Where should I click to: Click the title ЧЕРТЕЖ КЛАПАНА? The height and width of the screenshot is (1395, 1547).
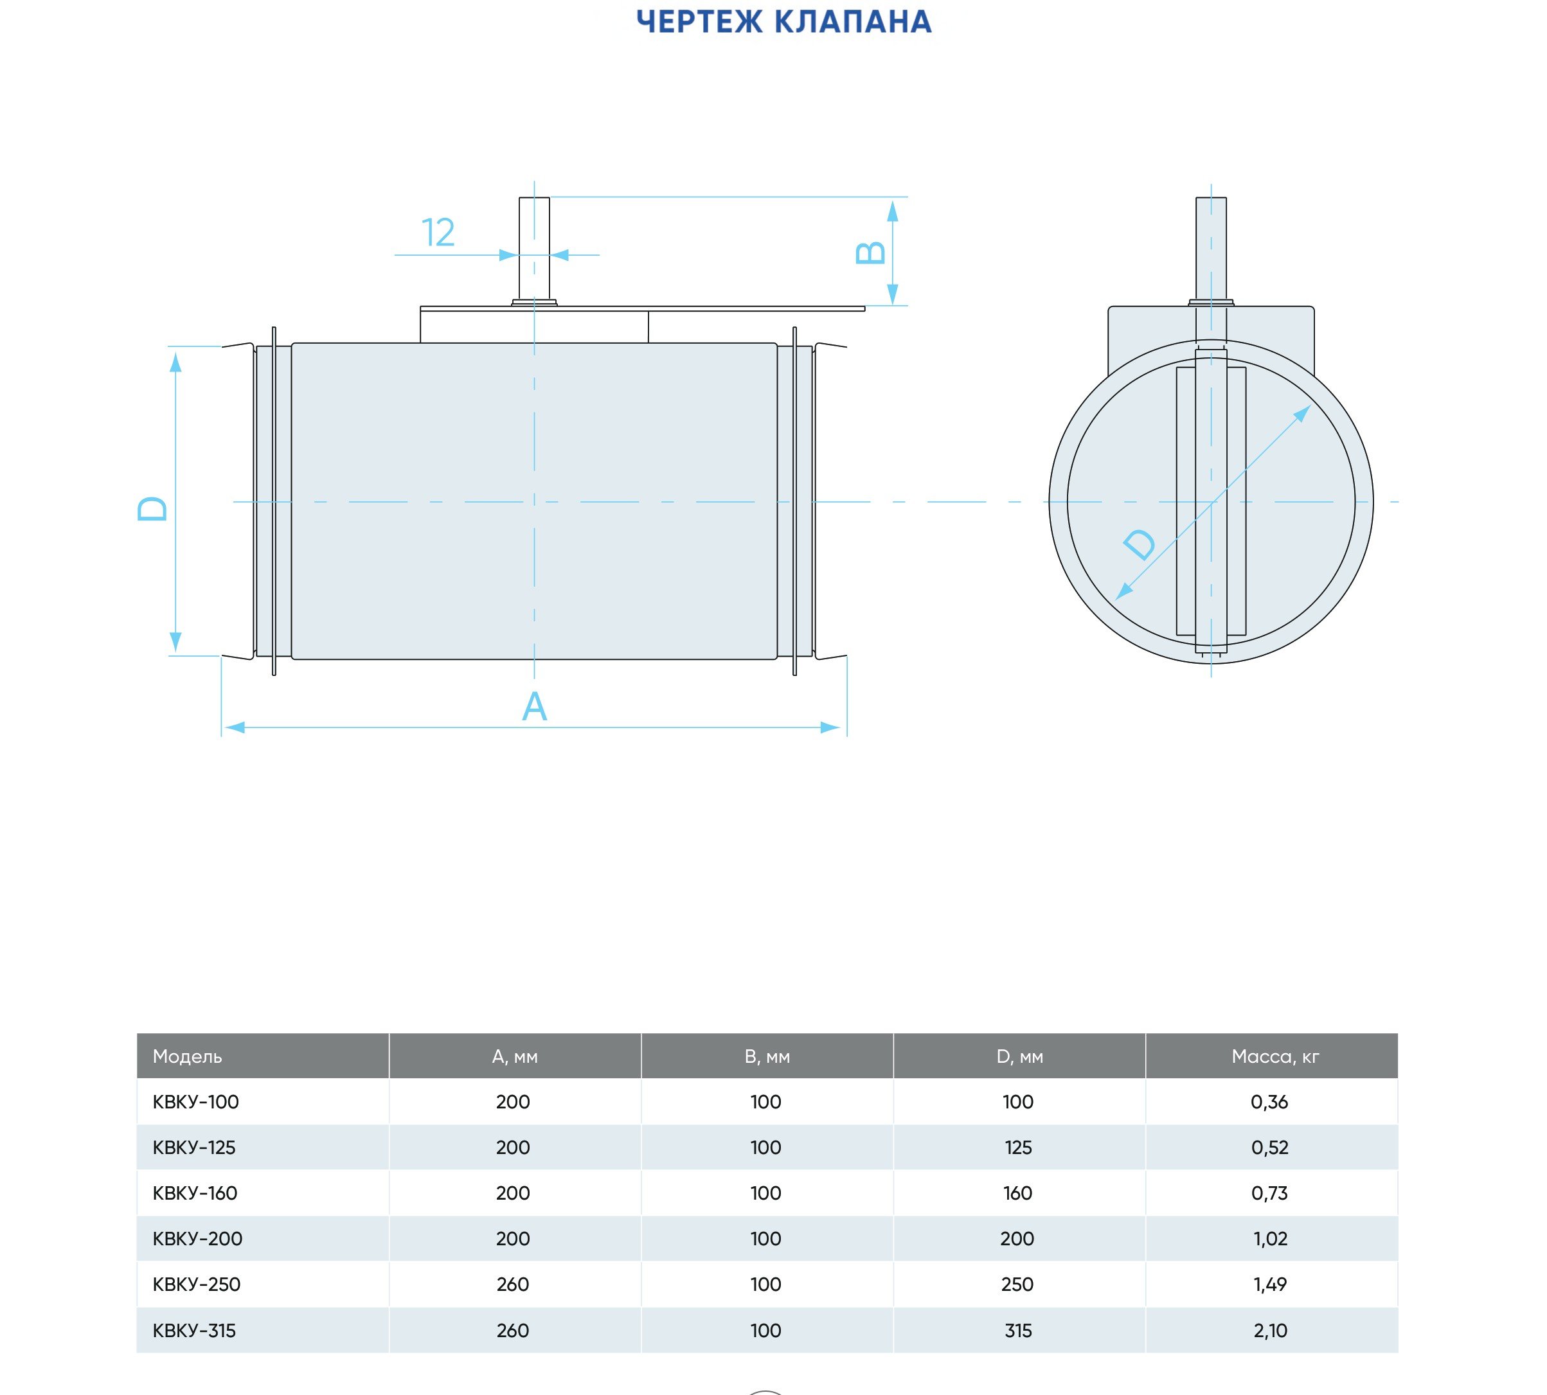point(783,22)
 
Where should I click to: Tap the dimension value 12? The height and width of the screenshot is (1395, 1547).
point(438,232)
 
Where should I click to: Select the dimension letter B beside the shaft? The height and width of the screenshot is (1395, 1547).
point(870,253)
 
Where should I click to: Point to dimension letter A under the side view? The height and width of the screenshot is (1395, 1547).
point(534,707)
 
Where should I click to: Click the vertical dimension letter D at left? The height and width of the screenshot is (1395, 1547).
point(152,509)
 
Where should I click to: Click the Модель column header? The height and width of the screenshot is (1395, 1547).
point(187,1056)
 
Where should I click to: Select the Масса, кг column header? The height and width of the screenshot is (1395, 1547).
point(1275,1057)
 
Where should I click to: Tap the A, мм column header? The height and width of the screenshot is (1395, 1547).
point(514,1057)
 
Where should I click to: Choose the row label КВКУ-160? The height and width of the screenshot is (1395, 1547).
point(195,1193)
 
